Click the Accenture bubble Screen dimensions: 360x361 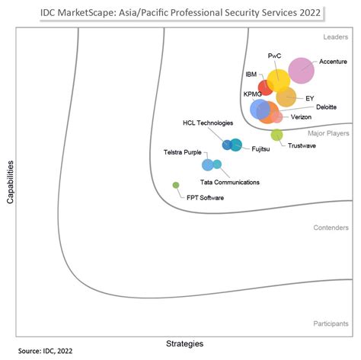(301, 71)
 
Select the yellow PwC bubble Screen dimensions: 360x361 (278, 79)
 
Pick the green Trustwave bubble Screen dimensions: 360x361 (276, 135)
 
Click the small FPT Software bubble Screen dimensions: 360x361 (176, 185)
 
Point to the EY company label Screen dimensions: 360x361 (309, 98)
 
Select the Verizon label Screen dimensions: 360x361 (302, 118)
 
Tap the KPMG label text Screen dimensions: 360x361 (252, 94)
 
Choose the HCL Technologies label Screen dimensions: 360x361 (208, 123)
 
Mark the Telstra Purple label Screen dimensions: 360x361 (182, 153)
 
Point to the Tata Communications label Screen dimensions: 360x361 (229, 183)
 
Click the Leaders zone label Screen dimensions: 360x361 (336, 36)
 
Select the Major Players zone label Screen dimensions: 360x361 (328, 133)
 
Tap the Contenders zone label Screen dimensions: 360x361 (331, 228)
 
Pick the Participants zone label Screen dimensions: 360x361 (331, 323)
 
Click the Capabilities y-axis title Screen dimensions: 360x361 (10, 181)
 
